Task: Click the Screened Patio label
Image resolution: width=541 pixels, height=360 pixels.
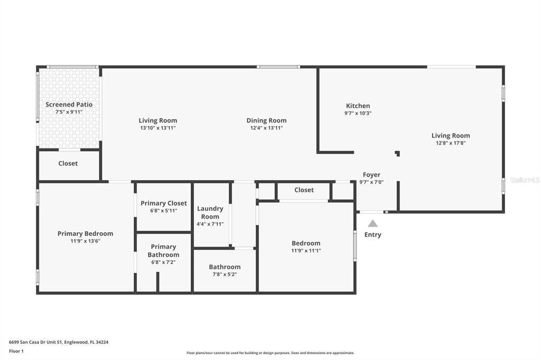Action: click(x=69, y=105)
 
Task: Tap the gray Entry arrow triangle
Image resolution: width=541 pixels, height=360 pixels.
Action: click(x=372, y=223)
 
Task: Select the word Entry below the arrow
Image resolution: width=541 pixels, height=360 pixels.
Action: click(x=372, y=235)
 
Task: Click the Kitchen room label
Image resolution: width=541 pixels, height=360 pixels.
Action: click(x=358, y=106)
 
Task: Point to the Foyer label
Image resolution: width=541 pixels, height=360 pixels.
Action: click(x=371, y=175)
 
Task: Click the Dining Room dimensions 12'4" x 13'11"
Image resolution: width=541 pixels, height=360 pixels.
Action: click(x=266, y=128)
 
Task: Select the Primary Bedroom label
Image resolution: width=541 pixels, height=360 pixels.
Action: click(x=85, y=233)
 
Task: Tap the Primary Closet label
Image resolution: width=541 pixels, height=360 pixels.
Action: click(x=163, y=203)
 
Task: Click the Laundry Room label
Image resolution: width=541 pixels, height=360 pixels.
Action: click(x=210, y=212)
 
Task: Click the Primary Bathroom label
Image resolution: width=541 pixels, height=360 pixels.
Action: click(x=163, y=251)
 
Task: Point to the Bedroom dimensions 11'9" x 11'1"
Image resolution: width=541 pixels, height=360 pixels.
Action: click(x=306, y=251)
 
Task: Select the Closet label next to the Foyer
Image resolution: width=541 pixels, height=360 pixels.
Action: click(x=304, y=190)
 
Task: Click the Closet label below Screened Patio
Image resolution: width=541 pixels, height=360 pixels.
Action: click(x=68, y=164)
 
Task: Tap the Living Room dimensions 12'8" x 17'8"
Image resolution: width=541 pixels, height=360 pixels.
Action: click(x=450, y=143)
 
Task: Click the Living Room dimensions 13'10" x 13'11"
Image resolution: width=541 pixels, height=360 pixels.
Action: click(x=157, y=128)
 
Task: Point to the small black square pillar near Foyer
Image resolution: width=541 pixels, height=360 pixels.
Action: click(x=397, y=154)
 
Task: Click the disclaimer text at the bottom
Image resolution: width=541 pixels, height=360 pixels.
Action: click(x=270, y=353)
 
